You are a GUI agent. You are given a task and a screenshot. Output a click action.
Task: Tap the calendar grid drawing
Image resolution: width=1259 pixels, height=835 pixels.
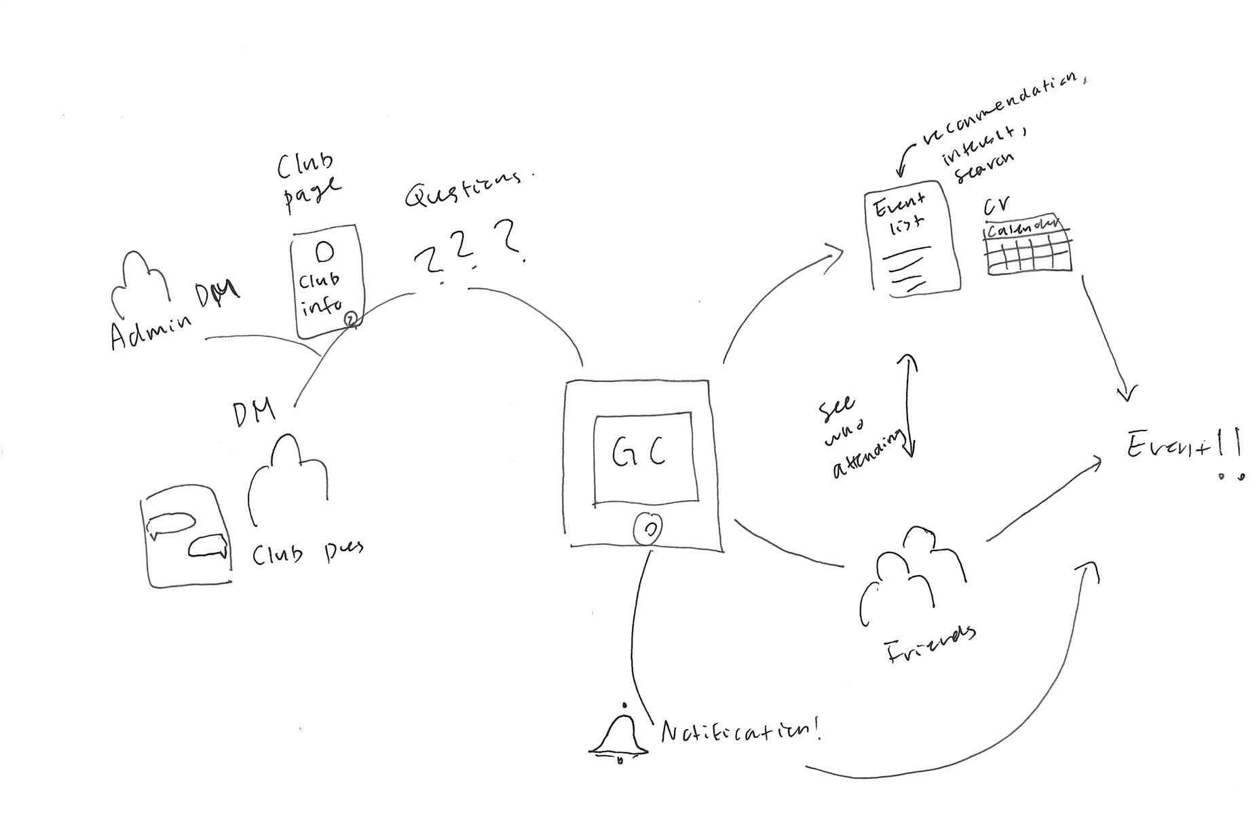pyautogui.click(x=1028, y=246)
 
